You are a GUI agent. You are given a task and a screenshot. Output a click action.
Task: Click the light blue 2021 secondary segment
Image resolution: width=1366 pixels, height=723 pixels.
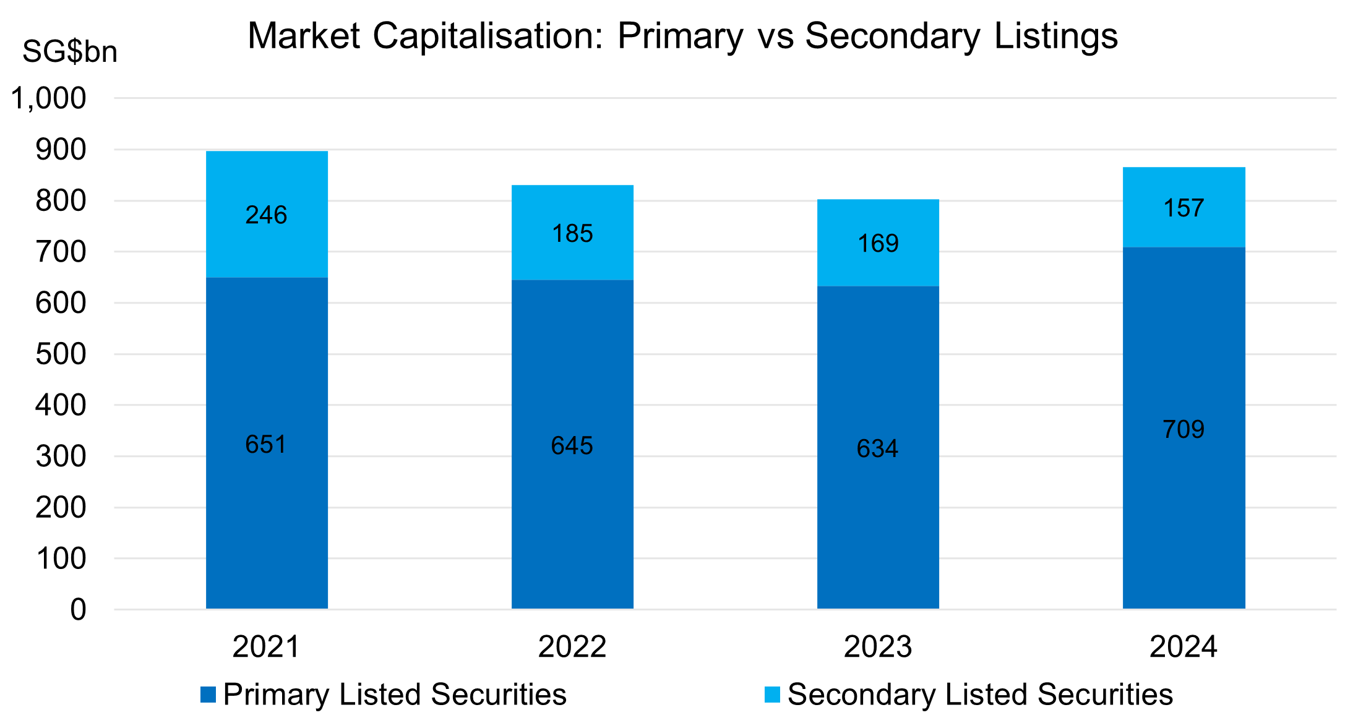coord(267,186)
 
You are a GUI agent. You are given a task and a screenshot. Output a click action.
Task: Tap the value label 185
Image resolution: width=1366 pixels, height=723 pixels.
coord(572,234)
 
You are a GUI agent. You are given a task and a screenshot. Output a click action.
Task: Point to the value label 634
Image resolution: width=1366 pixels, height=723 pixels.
coord(877,448)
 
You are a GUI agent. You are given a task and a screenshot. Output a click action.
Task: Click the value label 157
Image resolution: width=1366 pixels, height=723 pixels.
coord(1183,208)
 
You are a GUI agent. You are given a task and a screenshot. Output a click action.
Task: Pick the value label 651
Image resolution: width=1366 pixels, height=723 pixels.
coord(266,444)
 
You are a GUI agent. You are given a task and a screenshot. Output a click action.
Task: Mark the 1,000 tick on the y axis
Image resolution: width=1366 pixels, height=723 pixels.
coord(49,98)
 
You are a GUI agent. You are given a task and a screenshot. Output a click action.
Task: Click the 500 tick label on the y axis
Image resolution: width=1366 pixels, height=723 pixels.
coord(61,354)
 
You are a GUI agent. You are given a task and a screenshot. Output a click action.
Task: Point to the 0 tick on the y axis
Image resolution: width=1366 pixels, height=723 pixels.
coord(78,610)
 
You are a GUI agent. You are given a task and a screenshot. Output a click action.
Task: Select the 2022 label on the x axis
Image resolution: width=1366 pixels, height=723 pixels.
coord(572,647)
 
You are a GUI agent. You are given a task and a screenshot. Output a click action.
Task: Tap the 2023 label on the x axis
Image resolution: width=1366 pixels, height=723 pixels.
coord(877,647)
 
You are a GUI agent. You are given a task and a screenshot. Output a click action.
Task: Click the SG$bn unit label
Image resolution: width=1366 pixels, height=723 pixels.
coord(70,51)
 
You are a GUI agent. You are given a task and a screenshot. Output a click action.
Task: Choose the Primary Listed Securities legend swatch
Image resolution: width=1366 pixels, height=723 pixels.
coord(208,695)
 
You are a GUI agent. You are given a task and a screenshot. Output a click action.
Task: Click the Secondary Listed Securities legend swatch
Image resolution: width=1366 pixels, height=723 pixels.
coord(772,695)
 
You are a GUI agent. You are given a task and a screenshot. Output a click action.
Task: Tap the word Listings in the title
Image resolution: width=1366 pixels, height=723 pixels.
coord(1055,36)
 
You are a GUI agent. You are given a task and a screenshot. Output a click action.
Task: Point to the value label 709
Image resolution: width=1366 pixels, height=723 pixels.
coord(1183,429)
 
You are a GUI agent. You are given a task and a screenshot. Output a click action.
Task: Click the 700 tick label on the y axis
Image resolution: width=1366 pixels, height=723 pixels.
coord(61,252)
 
